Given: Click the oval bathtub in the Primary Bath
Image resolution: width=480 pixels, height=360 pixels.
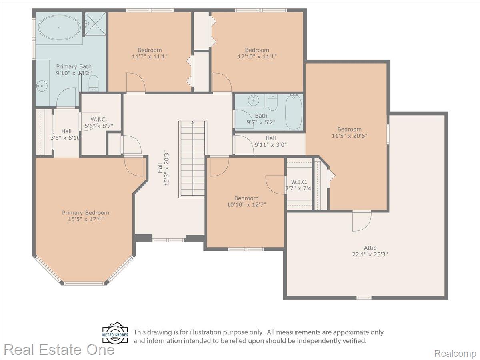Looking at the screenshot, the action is point(59,28).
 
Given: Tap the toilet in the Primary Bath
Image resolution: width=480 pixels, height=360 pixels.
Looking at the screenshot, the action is point(94,83).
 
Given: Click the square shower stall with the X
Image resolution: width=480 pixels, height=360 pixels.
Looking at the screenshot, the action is point(95,24).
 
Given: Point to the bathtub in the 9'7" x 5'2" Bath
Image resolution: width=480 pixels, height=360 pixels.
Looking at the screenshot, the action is point(294,112).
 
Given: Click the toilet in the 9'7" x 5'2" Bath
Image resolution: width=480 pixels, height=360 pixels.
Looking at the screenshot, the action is point(272,102).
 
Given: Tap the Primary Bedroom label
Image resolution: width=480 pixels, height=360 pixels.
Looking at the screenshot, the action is point(86,213).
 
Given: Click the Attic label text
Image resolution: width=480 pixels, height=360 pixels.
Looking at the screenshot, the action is point(370,248).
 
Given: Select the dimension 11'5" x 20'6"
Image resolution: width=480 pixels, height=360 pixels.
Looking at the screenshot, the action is point(350,136).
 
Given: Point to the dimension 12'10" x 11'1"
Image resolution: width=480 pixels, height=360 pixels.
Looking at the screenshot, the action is point(257,56).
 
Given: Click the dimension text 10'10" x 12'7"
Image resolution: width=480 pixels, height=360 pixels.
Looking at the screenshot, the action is point(246,205).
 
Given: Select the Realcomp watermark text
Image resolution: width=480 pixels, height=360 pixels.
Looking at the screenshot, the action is point(455,354).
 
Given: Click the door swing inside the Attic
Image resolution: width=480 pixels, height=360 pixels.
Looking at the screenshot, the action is point(362,221).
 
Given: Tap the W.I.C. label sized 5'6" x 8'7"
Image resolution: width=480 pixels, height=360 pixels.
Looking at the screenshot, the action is point(99,123).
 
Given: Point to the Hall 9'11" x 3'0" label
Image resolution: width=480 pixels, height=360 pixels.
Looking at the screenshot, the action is point(270,142).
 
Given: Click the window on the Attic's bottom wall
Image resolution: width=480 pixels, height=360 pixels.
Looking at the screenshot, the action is point(364,298).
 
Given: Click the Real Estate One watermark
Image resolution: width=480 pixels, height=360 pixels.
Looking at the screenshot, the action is point(59,350).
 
